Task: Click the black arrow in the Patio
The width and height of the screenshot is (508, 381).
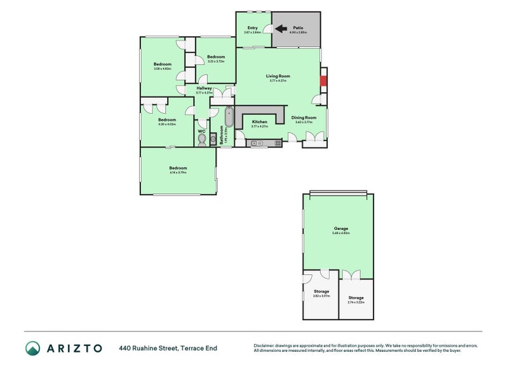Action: click(x=280, y=29)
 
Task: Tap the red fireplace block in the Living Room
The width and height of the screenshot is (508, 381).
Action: click(x=323, y=81)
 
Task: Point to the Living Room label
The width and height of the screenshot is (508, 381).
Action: click(x=278, y=76)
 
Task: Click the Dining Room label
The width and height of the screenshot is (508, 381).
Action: click(x=304, y=117)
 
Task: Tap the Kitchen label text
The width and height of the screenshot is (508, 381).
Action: click(x=260, y=121)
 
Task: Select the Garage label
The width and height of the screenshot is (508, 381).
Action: click(x=341, y=229)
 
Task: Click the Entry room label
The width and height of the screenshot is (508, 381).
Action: click(x=253, y=28)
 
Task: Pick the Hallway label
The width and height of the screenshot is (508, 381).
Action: click(x=204, y=88)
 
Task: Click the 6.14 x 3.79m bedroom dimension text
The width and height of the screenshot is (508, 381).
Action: click(x=178, y=172)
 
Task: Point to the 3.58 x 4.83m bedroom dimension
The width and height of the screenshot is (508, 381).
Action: click(x=163, y=69)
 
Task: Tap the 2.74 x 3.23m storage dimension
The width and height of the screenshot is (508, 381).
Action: click(x=356, y=302)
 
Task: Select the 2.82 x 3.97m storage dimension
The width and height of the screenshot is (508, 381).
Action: click(x=322, y=296)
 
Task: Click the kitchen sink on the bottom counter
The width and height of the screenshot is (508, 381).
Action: click(x=257, y=144)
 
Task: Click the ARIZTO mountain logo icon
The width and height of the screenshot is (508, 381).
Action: click(x=32, y=348)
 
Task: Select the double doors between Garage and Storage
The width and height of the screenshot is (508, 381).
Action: click(x=350, y=274)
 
